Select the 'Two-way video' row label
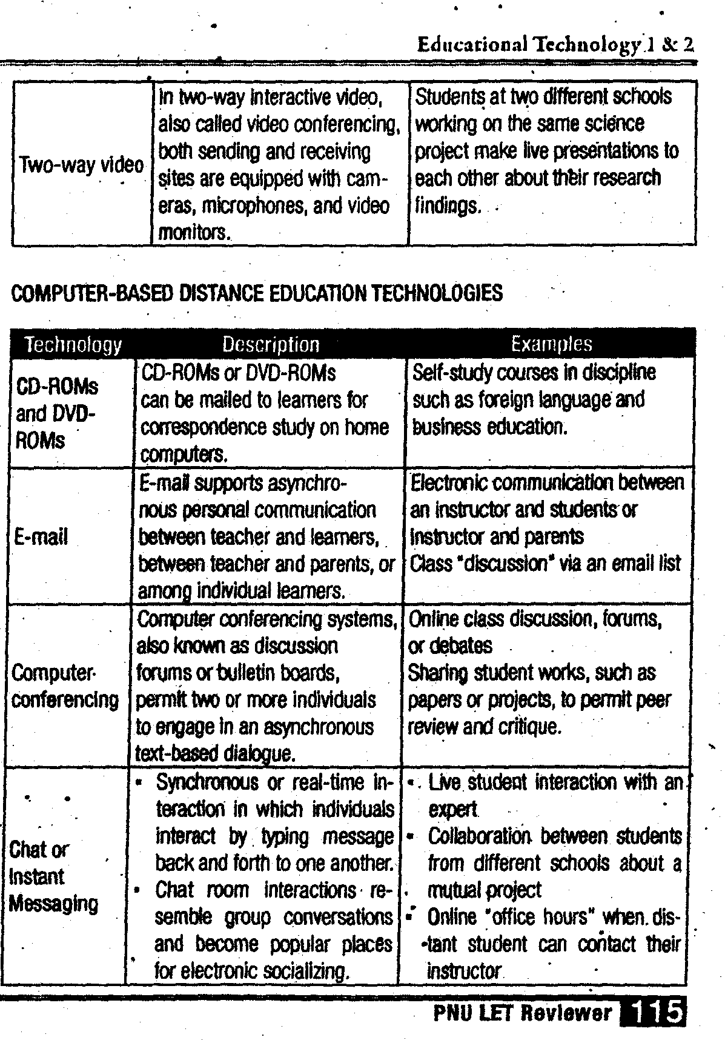[x=82, y=165]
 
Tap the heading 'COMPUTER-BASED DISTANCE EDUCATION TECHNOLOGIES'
[x=257, y=294]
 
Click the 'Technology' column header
[x=73, y=345]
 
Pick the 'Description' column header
[x=270, y=345]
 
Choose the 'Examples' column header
[x=551, y=344]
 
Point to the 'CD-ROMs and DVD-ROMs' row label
[x=56, y=413]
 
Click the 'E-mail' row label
[x=41, y=537]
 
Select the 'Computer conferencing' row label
[x=65, y=686]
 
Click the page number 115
[x=658, y=1013]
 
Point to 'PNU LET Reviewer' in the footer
[x=522, y=1013]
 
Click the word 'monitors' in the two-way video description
[x=194, y=233]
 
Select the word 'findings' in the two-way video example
[x=448, y=206]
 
